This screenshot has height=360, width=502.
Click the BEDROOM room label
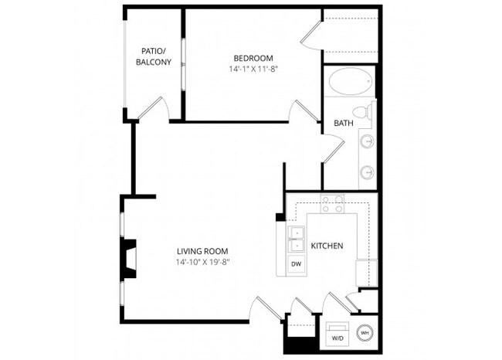coord(253,58)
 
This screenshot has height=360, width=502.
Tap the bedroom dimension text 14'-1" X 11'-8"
coord(253,69)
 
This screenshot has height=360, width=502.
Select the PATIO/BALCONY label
coord(153,56)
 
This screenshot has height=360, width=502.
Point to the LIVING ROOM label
coord(203,251)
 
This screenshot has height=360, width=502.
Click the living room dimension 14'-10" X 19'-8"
coord(203,262)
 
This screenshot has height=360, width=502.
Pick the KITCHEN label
coord(327,246)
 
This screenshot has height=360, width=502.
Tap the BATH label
coord(344,123)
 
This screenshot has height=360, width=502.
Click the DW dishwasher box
coord(296,264)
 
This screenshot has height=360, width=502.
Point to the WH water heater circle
coord(365,333)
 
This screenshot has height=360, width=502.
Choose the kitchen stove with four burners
coord(333,204)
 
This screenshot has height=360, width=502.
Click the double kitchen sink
coord(296,239)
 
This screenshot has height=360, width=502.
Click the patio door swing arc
coord(158,108)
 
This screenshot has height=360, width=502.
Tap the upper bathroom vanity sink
coord(368,142)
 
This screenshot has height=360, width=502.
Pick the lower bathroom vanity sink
coord(368,172)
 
